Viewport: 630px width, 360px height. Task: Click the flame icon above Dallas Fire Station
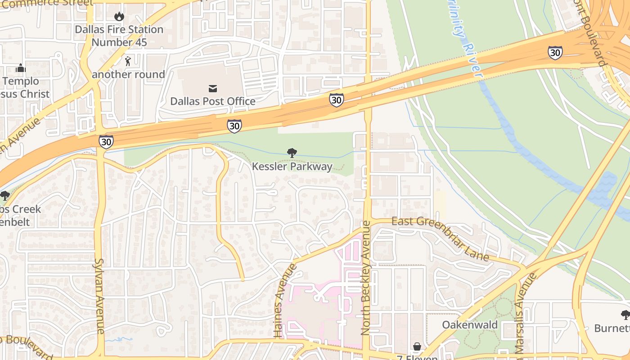pyautogui.click(x=119, y=17)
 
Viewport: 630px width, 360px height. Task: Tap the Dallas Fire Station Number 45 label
pyautogui.click(x=119, y=36)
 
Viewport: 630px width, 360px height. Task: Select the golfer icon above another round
pyautogui.click(x=128, y=61)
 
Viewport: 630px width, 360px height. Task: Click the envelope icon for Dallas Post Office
pyautogui.click(x=212, y=88)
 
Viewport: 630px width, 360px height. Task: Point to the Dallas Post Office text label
pyautogui.click(x=212, y=101)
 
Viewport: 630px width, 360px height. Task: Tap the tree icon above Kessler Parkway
pyautogui.click(x=292, y=153)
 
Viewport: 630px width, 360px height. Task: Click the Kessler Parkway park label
pyautogui.click(x=292, y=166)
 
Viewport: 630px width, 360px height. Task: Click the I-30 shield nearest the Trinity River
pyautogui.click(x=555, y=53)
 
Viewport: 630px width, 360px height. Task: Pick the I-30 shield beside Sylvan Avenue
pyautogui.click(x=106, y=142)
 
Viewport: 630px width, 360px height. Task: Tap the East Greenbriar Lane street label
pyautogui.click(x=440, y=238)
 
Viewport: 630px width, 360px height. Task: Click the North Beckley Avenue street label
pyautogui.click(x=365, y=278)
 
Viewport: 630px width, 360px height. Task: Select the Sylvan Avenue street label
pyautogui.click(x=99, y=296)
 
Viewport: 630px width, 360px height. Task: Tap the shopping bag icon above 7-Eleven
pyautogui.click(x=417, y=346)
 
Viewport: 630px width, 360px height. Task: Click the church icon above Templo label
pyautogui.click(x=21, y=68)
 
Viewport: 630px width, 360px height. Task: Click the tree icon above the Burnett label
pyautogui.click(x=625, y=315)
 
